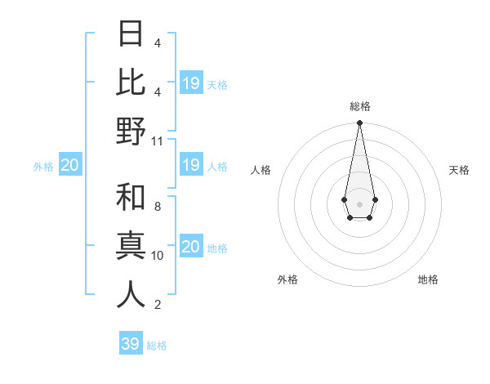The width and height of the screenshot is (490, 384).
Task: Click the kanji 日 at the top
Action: pyautogui.click(x=131, y=34)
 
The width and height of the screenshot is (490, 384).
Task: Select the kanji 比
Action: pyautogui.click(x=131, y=83)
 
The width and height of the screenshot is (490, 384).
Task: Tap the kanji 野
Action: pyautogui.click(x=131, y=132)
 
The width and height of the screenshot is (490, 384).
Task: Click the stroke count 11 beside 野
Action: pyautogui.click(x=158, y=141)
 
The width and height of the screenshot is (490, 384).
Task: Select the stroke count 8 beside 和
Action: pyautogui.click(x=158, y=207)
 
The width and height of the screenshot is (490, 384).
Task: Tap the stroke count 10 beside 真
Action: pyautogui.click(x=158, y=256)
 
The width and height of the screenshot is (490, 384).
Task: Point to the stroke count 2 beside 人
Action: pyautogui.click(x=158, y=305)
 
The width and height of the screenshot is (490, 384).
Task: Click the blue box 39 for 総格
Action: pyautogui.click(x=131, y=344)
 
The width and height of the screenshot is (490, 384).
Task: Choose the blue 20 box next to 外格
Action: pyautogui.click(x=70, y=166)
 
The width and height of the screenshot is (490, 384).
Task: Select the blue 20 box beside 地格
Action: pyautogui.click(x=191, y=248)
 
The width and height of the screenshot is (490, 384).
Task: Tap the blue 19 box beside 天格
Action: pyautogui.click(x=191, y=83)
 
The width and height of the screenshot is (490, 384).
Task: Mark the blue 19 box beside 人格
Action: pyautogui.click(x=191, y=166)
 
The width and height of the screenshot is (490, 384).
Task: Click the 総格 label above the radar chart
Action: pyautogui.click(x=359, y=107)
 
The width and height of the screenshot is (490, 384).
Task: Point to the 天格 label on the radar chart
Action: pyautogui.click(x=459, y=170)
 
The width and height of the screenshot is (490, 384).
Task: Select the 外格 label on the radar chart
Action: pyautogui.click(x=287, y=279)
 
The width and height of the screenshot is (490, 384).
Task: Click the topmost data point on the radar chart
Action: pyautogui.click(x=359, y=123)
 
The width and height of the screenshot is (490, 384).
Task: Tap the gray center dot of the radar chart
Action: pyautogui.click(x=359, y=203)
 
